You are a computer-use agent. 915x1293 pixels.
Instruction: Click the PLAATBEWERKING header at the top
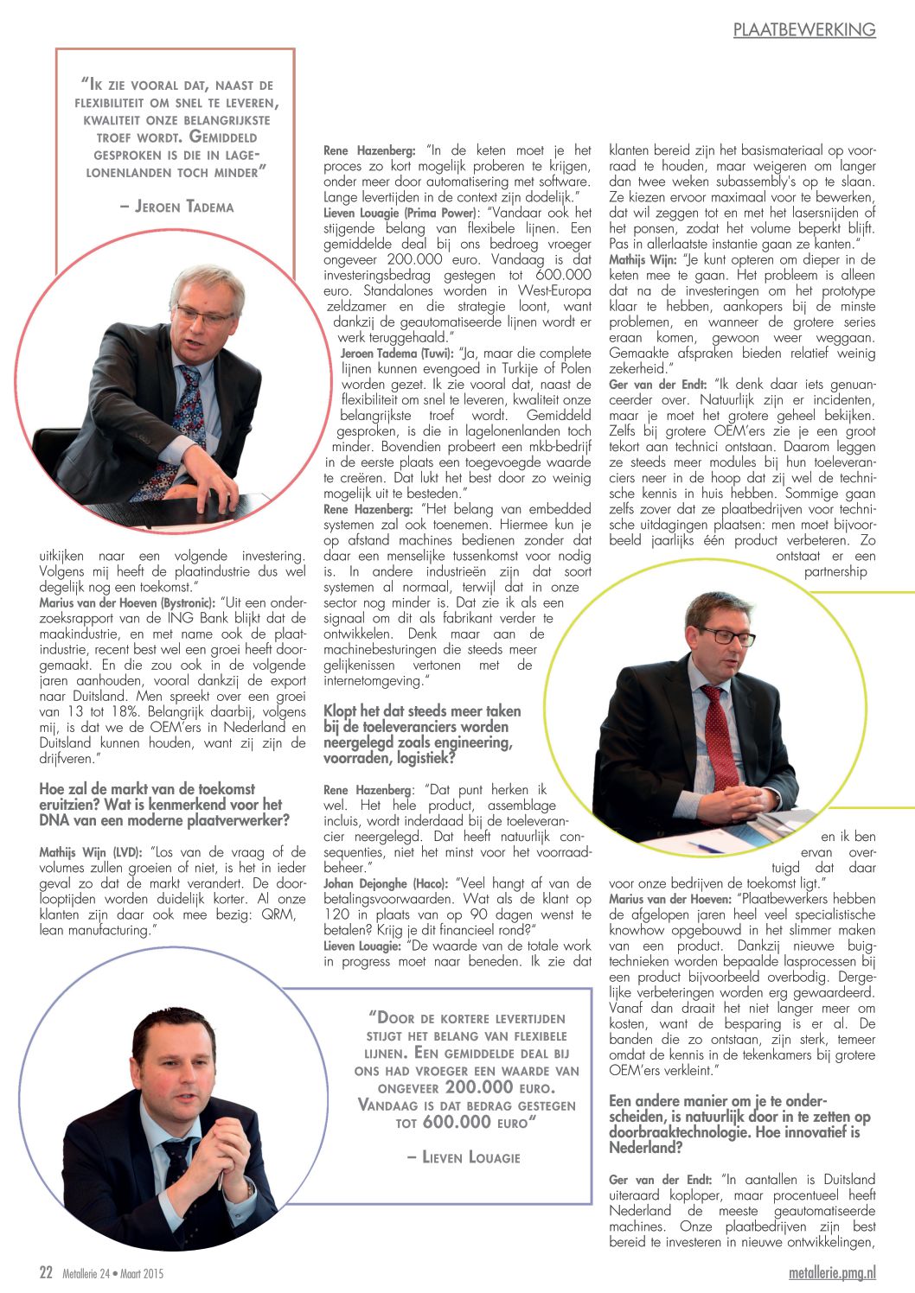pos(803,29)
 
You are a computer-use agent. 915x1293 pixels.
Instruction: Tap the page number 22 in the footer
pos(46,1272)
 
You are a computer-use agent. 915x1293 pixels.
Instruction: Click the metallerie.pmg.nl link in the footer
pos(832,1272)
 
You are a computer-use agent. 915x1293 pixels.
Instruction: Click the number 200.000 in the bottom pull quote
pos(479,1087)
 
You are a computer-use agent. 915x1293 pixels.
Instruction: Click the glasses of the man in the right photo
pos(725,636)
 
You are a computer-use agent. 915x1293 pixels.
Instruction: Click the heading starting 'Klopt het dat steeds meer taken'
pos(422,735)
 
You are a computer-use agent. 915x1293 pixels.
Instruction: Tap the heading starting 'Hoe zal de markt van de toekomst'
pos(164,804)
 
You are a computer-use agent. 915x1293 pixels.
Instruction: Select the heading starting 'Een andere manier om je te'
pos(739,1124)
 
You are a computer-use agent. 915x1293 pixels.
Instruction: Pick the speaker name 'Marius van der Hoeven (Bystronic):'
pos(125,602)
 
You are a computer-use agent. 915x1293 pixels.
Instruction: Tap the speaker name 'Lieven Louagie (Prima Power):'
pos(400,213)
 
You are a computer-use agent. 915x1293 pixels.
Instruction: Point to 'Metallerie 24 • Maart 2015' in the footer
pos(112,1273)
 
